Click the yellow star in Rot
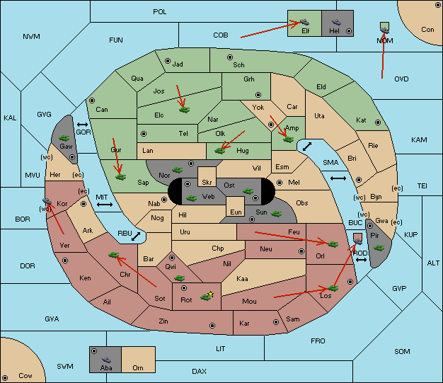coord(211,295)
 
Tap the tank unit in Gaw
coord(64,138)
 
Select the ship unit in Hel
coord(336,22)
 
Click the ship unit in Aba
coord(106,360)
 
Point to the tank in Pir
coord(379,248)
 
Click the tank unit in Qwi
coord(180,278)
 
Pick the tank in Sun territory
coord(276,214)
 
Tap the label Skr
coord(207,183)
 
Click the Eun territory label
coord(236,212)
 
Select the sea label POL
coord(160,12)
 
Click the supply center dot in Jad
coord(168,61)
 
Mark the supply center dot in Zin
coord(212,326)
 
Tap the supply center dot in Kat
coord(378,122)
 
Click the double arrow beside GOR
coord(83,125)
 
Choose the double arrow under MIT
coord(105,205)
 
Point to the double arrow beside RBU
coord(136,236)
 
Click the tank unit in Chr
coord(113,255)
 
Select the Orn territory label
coord(138,367)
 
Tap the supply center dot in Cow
coord(5,378)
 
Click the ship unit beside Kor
coord(47,201)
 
